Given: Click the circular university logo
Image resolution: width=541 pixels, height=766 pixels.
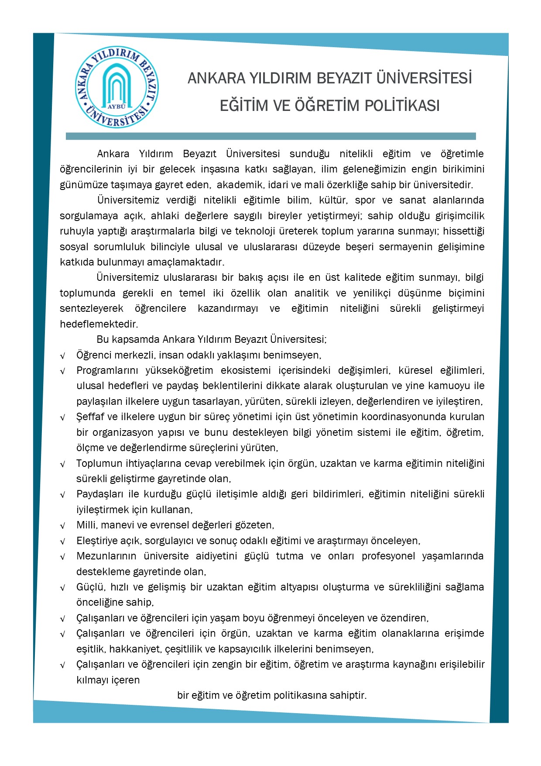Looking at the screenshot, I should click(116, 87).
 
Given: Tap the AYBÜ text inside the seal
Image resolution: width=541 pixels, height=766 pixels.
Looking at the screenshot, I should click(116, 106).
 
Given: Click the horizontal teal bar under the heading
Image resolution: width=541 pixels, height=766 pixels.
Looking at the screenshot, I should click(270, 136).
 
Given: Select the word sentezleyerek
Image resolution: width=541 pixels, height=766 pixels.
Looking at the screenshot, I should click(92, 308).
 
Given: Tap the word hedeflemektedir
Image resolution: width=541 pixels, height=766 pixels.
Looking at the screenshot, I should click(99, 324).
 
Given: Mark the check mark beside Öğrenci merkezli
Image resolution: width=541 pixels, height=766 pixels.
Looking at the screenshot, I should click(63, 356).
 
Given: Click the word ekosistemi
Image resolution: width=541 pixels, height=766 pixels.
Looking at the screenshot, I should click(246, 370).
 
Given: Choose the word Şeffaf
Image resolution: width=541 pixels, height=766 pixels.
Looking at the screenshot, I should click(91, 417).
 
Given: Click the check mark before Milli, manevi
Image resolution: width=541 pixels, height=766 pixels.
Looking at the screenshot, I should click(63, 526).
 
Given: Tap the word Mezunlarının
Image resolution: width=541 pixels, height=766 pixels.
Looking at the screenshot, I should click(106, 556).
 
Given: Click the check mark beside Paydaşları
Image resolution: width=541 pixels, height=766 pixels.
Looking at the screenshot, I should click(63, 495).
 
